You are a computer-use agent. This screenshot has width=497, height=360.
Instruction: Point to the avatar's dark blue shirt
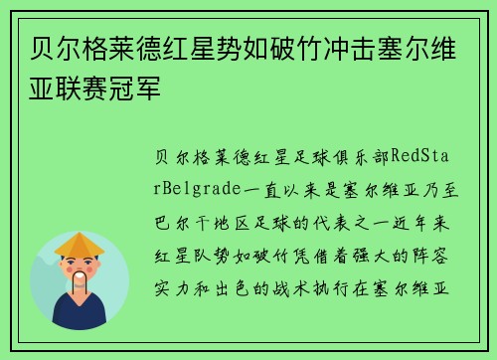(81, 316)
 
